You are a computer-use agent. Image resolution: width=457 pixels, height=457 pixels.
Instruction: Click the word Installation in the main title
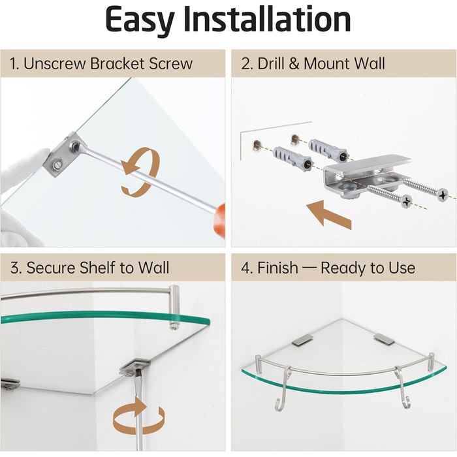[x=267, y=20]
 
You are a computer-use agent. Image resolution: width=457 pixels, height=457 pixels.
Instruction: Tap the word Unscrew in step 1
[x=55, y=63]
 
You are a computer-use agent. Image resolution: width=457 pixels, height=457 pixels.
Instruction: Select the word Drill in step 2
[x=271, y=63]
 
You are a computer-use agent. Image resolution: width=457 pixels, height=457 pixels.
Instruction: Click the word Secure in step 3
[x=51, y=268]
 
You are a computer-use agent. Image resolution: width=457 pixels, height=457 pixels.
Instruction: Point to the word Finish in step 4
[x=277, y=268]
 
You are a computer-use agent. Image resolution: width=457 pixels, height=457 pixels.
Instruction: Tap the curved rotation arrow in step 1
[x=141, y=171]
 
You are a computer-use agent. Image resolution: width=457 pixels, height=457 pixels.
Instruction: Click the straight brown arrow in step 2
[x=330, y=215]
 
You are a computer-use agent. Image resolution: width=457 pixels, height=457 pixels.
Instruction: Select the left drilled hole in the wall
[x=257, y=146]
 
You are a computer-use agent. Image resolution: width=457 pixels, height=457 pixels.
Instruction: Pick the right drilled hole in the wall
[x=295, y=139]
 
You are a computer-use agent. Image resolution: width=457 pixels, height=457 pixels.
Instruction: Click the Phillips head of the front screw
[x=406, y=201]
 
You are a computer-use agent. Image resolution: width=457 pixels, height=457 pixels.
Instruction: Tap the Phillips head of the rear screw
[x=443, y=195]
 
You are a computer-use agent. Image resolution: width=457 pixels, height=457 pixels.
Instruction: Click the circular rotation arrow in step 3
[x=138, y=416]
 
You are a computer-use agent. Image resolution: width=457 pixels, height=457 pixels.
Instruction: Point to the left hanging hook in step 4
[x=283, y=388]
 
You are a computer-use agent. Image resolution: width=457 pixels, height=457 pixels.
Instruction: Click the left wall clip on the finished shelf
[x=302, y=340]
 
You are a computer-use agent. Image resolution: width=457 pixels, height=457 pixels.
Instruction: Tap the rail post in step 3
[x=174, y=307]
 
